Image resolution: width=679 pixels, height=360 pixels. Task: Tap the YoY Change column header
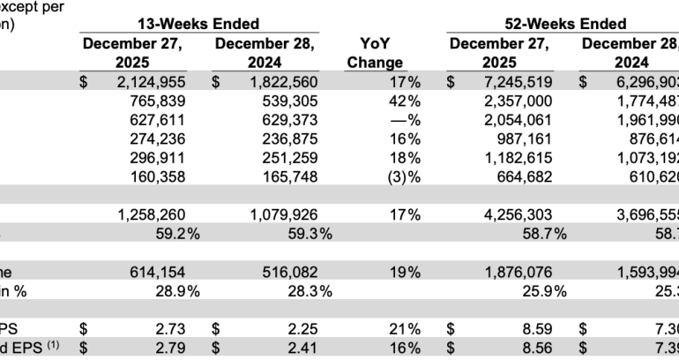coord(375,53)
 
